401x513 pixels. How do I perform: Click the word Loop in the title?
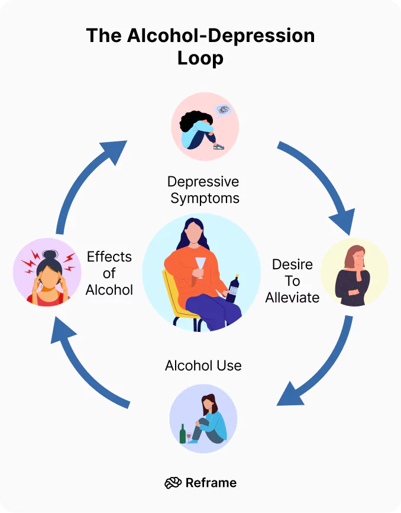tap(200, 59)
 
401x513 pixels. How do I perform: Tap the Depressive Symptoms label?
tap(203, 189)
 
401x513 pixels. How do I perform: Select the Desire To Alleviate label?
tap(292, 281)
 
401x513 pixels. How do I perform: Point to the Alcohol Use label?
tap(203, 365)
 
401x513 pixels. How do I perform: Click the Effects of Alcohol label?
tap(109, 273)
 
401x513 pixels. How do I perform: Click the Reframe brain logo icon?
tap(173, 483)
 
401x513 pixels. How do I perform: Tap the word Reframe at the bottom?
tap(211, 483)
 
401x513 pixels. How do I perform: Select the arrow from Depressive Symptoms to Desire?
tap(322, 183)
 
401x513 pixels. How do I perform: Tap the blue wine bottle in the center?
tap(232, 289)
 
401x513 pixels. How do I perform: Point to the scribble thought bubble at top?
tap(223, 109)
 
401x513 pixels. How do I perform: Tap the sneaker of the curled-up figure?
tap(218, 146)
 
